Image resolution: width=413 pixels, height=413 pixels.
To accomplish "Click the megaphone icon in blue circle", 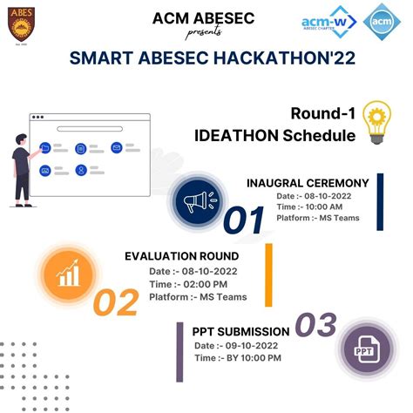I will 195,202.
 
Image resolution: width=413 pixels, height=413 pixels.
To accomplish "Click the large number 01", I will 244,221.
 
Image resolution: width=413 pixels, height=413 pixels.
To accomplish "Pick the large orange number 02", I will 116,302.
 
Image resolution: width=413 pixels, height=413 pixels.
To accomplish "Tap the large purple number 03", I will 315,325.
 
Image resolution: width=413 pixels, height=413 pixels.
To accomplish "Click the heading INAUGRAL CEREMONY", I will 308,183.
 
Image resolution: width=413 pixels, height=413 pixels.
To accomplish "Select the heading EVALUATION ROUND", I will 181,256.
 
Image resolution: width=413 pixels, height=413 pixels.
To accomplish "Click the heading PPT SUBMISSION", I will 240,331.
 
